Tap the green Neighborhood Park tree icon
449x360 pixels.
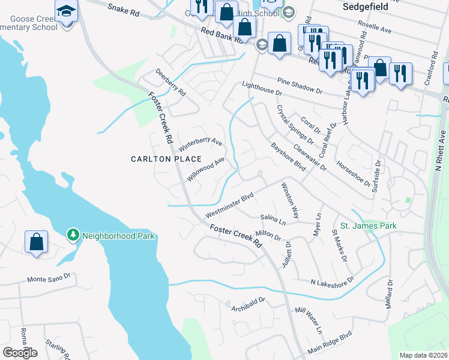coord(73,235)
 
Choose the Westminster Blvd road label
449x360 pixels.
coord(230,205)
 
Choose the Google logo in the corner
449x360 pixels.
coord(20,352)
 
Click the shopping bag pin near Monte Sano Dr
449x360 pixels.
coord(37,242)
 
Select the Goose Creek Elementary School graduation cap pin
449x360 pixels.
coord(65,11)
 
